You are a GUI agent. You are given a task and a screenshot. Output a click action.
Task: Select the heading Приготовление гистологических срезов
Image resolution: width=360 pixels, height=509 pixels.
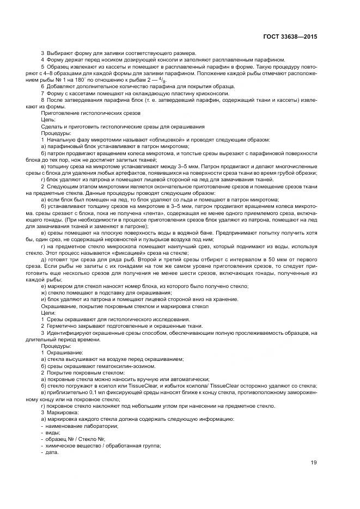coord(90,112)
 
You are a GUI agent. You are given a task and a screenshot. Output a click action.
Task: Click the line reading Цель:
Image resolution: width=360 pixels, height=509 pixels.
coord(49,119)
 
